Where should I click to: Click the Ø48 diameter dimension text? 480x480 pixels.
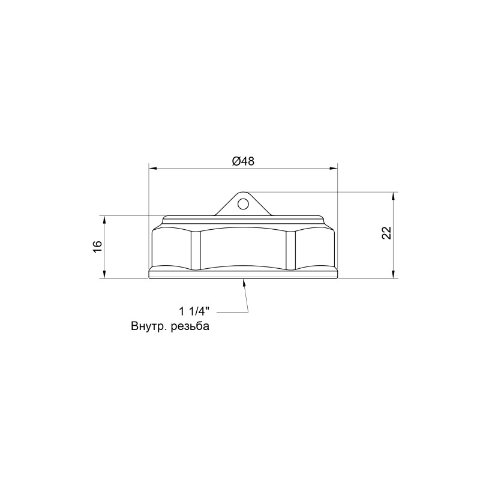(242, 161)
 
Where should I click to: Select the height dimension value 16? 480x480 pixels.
(97, 247)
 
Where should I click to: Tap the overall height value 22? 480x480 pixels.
(386, 233)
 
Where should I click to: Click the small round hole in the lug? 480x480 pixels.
(242, 204)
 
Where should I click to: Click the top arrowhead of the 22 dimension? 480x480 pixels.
(394, 196)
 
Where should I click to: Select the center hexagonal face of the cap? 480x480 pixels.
(242, 249)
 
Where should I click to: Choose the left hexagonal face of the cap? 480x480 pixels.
(172, 249)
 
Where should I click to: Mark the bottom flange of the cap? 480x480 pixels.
(242, 275)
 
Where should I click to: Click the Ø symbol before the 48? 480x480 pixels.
(235, 161)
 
